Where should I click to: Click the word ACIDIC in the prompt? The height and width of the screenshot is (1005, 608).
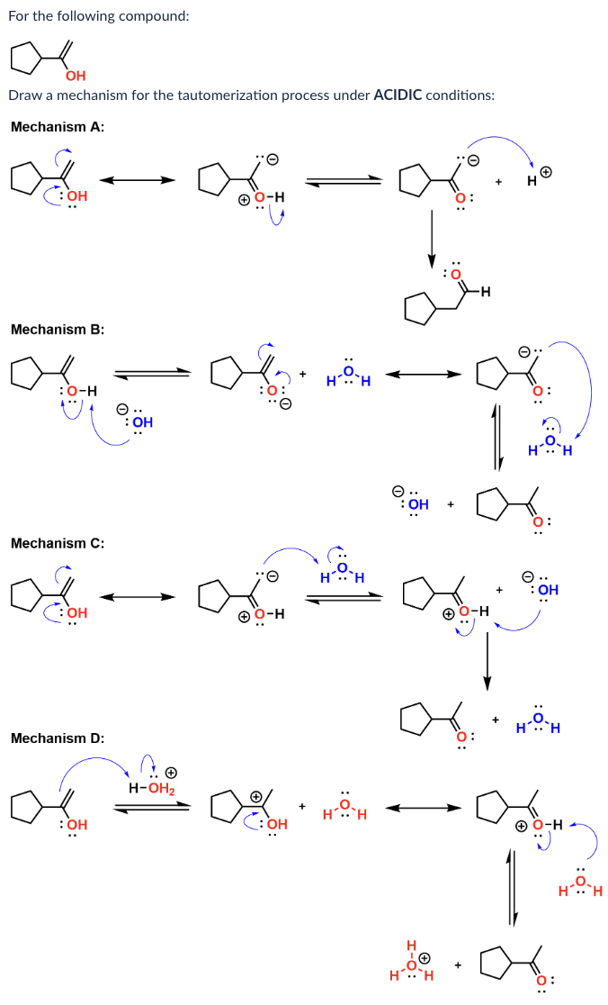point(402,95)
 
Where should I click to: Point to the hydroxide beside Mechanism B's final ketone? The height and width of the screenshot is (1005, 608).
point(411,502)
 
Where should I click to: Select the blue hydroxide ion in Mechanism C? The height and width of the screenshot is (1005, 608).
point(542,590)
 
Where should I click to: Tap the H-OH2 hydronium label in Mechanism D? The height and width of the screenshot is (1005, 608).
point(152,789)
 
